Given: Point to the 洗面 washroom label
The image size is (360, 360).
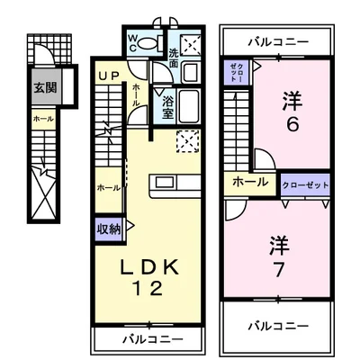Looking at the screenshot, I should (x=173, y=67).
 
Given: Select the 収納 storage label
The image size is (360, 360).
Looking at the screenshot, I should (x=108, y=228).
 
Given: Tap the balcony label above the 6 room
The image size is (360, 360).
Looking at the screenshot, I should (x=278, y=41).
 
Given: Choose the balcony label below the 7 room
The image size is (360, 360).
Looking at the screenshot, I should (x=278, y=326).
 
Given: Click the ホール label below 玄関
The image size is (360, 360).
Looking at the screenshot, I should (x=42, y=118).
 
